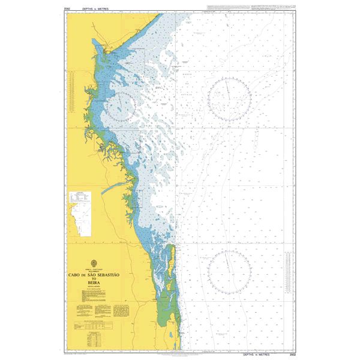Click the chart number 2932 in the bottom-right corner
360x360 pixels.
click(x=292, y=353)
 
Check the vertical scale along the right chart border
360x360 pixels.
click(x=296, y=180)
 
